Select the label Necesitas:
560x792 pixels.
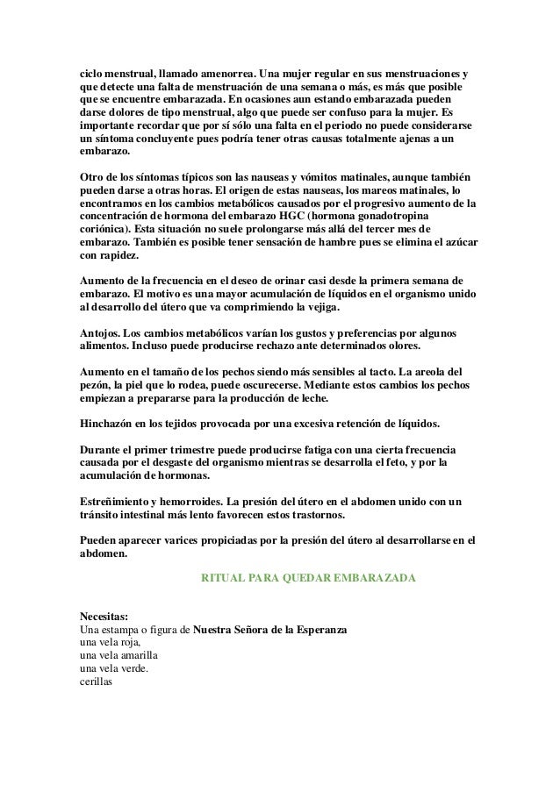[x=104, y=617]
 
